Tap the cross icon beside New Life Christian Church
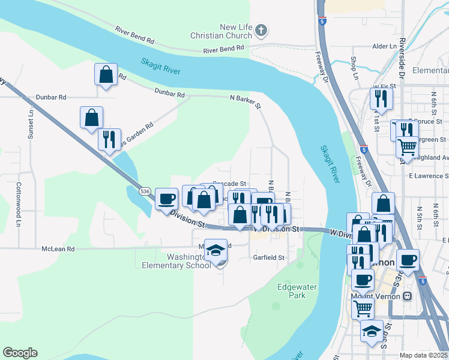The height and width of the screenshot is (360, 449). point(261,30)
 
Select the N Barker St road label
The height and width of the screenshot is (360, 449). point(246,100)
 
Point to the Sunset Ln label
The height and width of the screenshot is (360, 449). point(31,124)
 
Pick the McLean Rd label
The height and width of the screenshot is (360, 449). point(58,248)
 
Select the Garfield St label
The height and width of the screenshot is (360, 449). point(268,257)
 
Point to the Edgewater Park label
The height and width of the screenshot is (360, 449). point(297,291)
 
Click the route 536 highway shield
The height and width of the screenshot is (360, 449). point(144,191)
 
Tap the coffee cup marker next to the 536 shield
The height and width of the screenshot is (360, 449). point(166,199)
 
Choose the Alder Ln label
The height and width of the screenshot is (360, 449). point(382,46)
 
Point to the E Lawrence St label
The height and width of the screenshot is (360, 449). point(429,176)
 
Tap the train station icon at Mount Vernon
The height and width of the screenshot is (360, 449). point(408,296)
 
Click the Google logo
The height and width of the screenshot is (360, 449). point(20,353)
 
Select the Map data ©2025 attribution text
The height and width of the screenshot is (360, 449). point(423,355)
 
